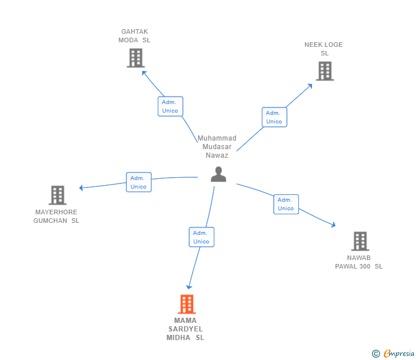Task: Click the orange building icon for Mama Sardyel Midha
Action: pyautogui.click(x=187, y=304)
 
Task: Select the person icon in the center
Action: pyautogui.click(x=218, y=174)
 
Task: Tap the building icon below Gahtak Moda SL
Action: pyautogui.click(x=135, y=58)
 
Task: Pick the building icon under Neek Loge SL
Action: pyautogui.click(x=325, y=71)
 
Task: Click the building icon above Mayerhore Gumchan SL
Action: pyautogui.click(x=58, y=195)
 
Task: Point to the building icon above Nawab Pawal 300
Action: pyautogui.click(x=360, y=241)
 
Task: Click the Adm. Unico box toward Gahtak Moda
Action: pyautogui.click(x=170, y=106)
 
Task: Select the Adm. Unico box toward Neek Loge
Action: pyautogui.click(x=274, y=117)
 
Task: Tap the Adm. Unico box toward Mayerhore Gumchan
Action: pyautogui.click(x=138, y=182)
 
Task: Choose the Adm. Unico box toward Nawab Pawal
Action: pyautogui.click(x=286, y=204)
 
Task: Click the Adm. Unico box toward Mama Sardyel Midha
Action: pyautogui.click(x=201, y=237)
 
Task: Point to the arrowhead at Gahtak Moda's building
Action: pyautogui.click(x=144, y=73)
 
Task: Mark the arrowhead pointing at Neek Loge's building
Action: pyautogui.click(x=310, y=86)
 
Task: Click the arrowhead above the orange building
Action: pyautogui.click(x=189, y=287)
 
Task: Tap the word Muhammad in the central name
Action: pyautogui.click(x=217, y=138)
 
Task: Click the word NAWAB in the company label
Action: pyautogui.click(x=359, y=258)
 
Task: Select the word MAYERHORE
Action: pyautogui.click(x=56, y=212)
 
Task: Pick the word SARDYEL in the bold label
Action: pyautogui.click(x=186, y=329)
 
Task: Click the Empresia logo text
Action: pyautogui.click(x=399, y=353)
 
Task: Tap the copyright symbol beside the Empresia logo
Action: pyautogui.click(x=376, y=354)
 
